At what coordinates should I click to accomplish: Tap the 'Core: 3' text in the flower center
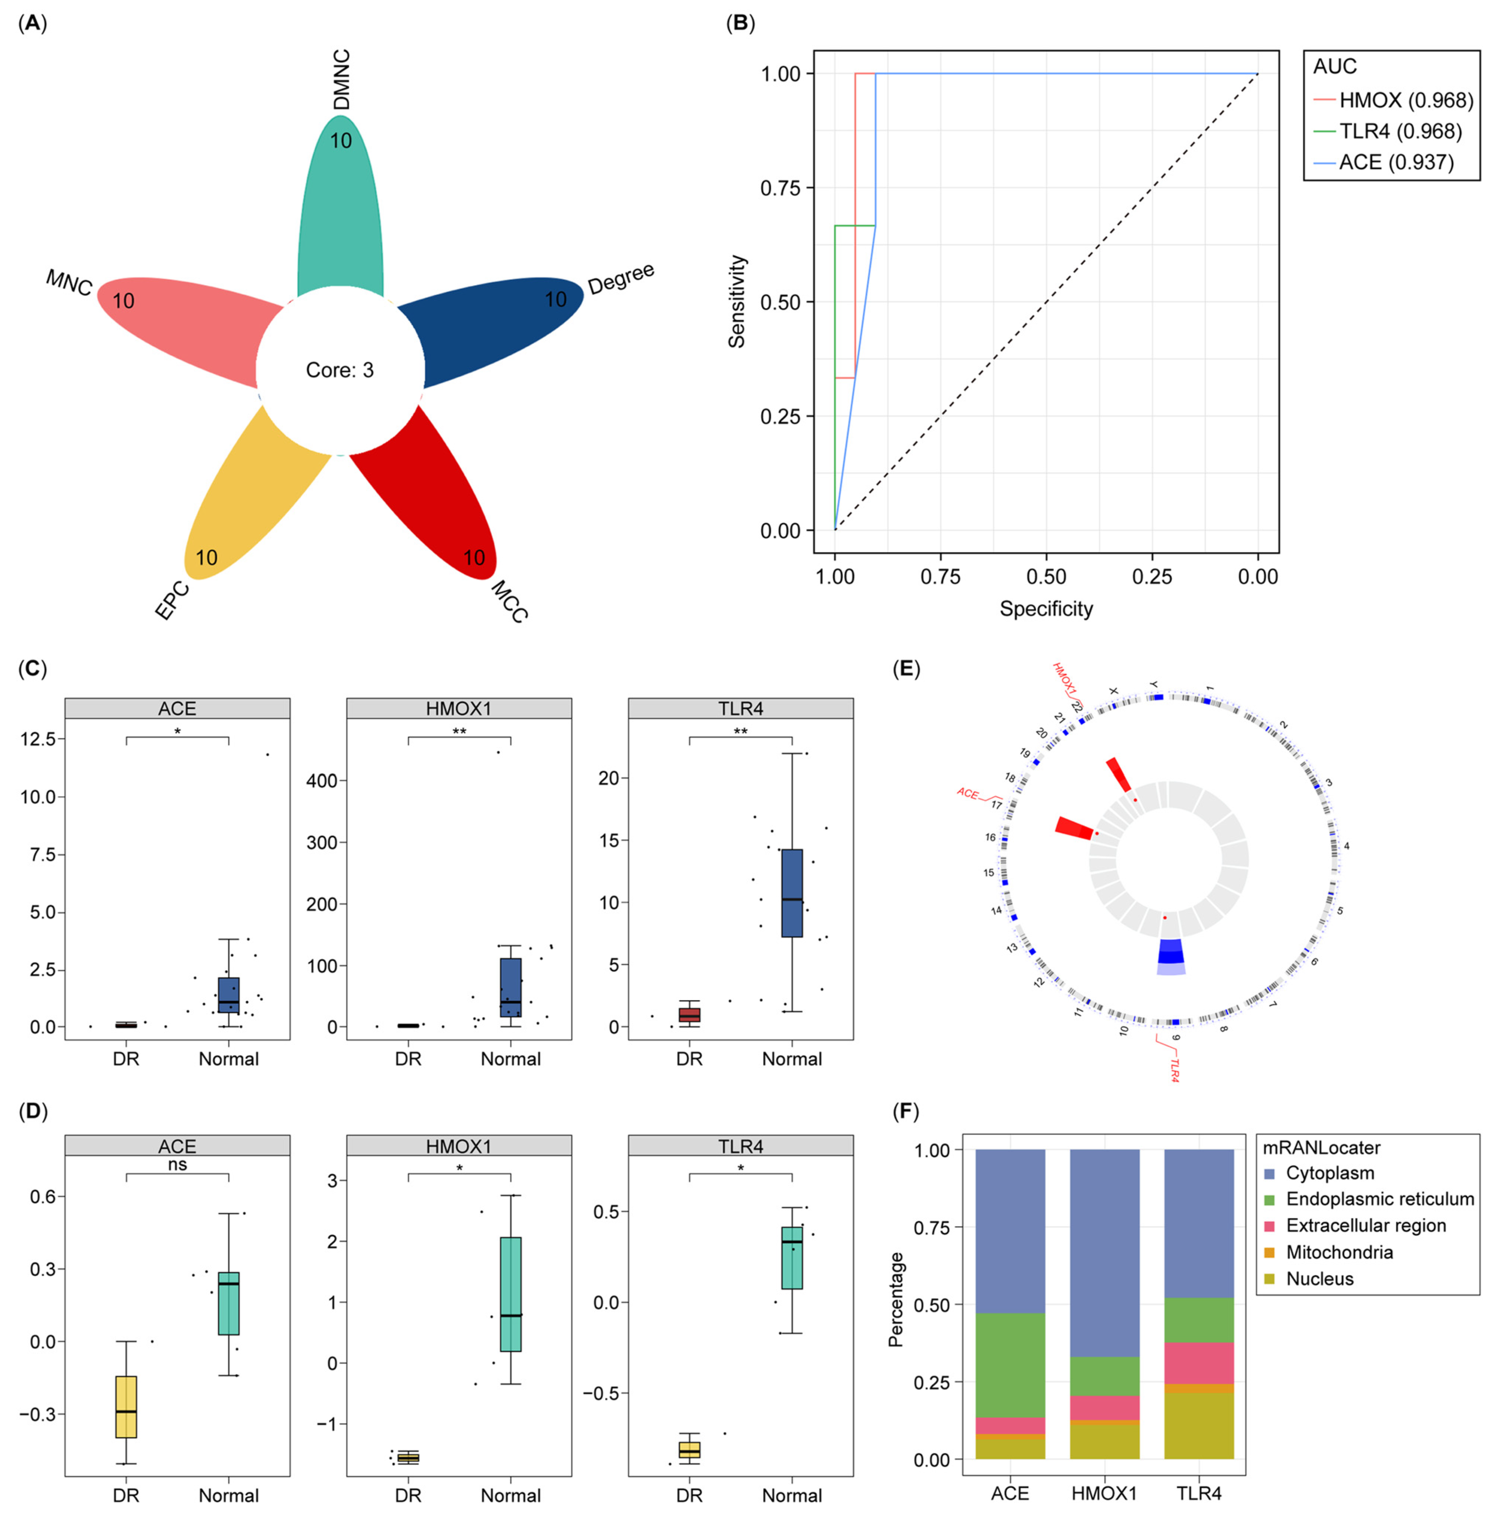coord(340,370)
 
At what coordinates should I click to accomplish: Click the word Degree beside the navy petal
coord(621,279)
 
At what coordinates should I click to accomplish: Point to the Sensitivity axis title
coord(737,302)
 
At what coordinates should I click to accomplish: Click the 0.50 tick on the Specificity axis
coord(1046,577)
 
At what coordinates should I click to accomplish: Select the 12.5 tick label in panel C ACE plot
coord(37,739)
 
